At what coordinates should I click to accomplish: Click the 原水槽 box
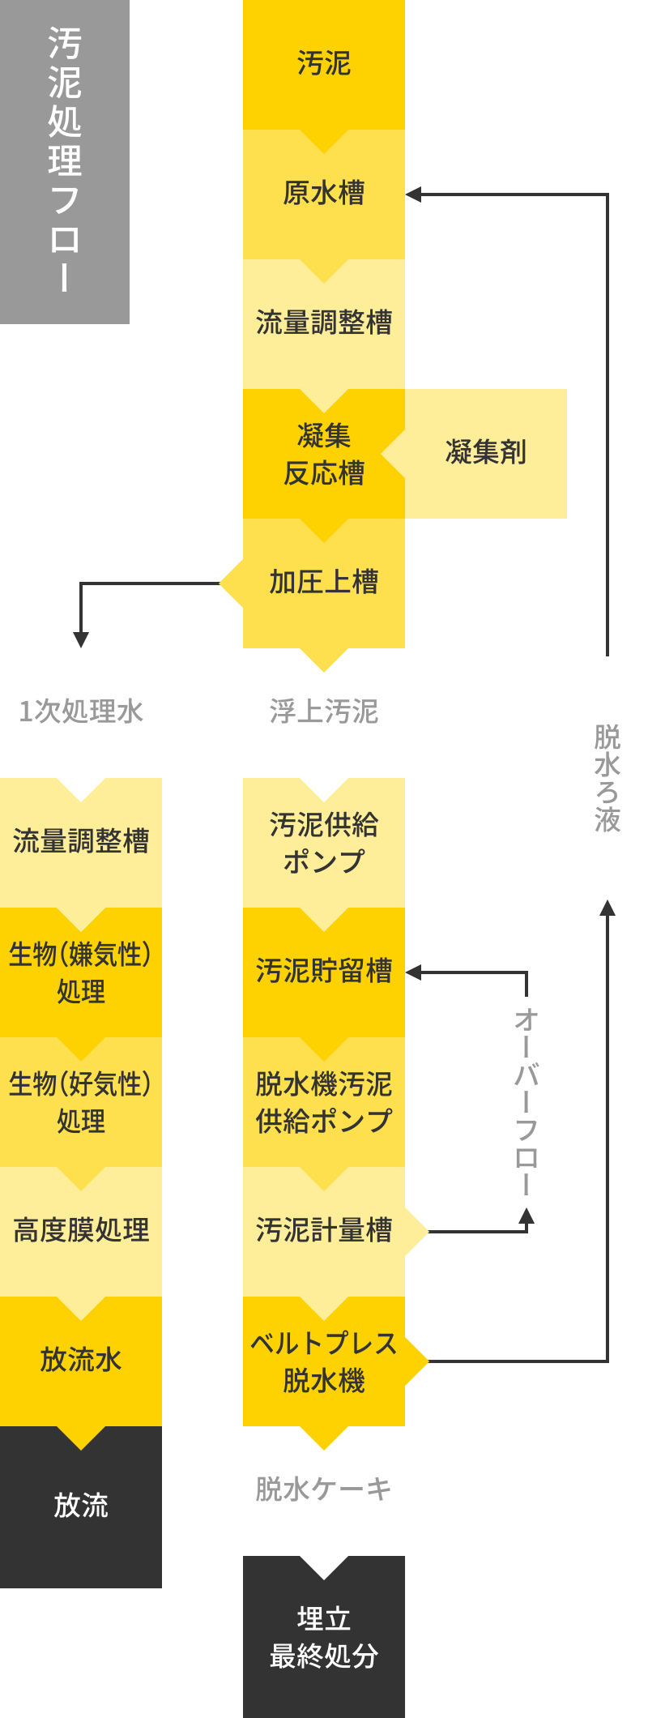point(323,194)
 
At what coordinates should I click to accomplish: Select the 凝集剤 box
point(486,453)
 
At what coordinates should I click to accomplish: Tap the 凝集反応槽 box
point(323,455)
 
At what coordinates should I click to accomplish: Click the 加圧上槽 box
point(323,583)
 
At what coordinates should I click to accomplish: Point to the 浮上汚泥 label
point(323,712)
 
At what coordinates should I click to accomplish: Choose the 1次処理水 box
point(81,712)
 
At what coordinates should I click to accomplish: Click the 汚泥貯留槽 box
point(323,971)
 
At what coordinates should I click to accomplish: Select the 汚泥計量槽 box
point(323,1230)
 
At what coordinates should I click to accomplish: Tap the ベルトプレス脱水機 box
point(323,1361)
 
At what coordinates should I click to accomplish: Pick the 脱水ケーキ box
point(323,1489)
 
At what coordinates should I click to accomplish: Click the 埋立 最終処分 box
point(323,1637)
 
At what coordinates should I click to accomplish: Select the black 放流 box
point(81,1506)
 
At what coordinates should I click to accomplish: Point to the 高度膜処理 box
point(81,1230)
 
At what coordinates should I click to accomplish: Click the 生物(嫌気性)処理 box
point(81,972)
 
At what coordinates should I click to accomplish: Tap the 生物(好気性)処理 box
point(81,1102)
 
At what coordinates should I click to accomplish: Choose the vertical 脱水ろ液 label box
point(607,778)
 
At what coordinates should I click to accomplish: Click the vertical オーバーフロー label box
point(526,1102)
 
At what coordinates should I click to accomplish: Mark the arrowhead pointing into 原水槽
point(413,194)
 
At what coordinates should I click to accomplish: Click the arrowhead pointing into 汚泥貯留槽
point(413,972)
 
